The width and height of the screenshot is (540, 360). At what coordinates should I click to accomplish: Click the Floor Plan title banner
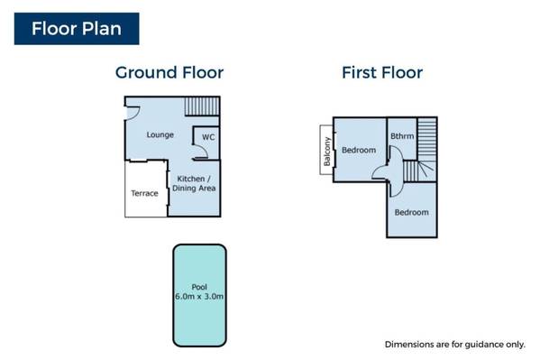pos(77,29)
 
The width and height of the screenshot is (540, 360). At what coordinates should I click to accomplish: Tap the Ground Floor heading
pos(169,73)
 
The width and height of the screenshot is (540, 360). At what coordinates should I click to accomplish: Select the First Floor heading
pos(382,73)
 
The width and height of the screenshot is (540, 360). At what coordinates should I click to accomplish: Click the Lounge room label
pos(160,134)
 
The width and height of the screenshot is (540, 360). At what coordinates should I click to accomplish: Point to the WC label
pos(208,137)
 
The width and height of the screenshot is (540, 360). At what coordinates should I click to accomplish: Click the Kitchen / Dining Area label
pos(194,183)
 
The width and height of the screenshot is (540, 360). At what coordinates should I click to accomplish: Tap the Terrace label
pos(144,193)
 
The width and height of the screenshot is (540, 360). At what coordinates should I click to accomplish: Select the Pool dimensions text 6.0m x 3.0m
pos(199,296)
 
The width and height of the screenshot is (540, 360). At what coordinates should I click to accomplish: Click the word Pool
pos(199,287)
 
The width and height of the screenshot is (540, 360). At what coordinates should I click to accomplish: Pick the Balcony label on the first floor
pos(327,152)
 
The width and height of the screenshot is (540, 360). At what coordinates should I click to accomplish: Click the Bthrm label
pos(402,136)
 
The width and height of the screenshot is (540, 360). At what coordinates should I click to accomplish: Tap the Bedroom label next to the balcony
pos(359,150)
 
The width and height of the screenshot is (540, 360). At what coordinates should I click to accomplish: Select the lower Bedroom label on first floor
pos(412,212)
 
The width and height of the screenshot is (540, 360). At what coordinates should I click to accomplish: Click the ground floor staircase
pos(202,106)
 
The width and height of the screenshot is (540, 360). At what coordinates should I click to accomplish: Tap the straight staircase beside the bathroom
pos(427,139)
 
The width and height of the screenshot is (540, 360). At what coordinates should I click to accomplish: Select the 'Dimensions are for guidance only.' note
pos(455,345)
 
